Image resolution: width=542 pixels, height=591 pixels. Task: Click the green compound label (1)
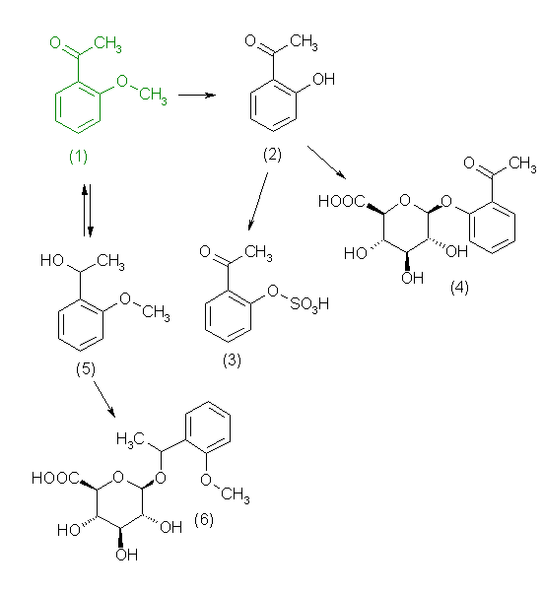[x=78, y=156]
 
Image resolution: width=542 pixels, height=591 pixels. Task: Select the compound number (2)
[x=272, y=155]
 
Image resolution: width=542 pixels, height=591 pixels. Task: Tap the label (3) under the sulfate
[x=232, y=360]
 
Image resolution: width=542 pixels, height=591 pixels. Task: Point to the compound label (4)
[x=459, y=288]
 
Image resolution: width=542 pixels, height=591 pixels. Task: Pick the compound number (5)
[x=86, y=368]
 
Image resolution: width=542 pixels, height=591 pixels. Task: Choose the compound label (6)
[x=204, y=519]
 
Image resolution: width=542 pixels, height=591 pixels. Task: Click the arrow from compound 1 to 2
[x=196, y=95]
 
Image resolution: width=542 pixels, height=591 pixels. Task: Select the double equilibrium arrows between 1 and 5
[x=87, y=211]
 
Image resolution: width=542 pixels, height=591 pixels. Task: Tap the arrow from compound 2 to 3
[x=258, y=201]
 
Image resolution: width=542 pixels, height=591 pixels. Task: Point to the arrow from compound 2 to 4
[x=326, y=163]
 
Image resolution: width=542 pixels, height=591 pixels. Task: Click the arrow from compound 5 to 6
[x=103, y=399]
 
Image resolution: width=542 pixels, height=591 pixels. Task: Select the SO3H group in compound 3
[x=309, y=304]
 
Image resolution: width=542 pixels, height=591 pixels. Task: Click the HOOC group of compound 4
[x=342, y=201]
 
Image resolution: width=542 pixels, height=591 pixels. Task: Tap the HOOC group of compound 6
[x=55, y=478]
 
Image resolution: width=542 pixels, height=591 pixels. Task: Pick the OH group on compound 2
[x=323, y=79]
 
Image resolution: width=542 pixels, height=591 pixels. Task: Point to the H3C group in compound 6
[x=130, y=439]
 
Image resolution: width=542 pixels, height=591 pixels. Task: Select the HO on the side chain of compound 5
[x=51, y=260]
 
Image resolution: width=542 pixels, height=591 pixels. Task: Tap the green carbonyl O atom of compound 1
[x=55, y=42]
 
